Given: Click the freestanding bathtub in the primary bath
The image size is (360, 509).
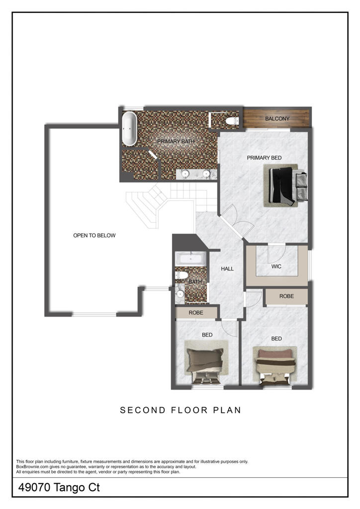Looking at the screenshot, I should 130,129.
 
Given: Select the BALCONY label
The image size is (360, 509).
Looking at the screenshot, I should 277,119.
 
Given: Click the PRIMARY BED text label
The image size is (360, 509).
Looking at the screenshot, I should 264,158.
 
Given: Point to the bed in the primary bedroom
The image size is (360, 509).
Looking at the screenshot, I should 285,186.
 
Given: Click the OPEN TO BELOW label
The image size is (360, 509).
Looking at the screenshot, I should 94,235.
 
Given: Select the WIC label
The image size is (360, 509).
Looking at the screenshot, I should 276,266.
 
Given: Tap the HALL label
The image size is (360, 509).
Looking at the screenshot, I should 227,269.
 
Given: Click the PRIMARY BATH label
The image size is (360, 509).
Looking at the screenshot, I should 176,142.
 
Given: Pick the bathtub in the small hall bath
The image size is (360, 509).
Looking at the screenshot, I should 189,258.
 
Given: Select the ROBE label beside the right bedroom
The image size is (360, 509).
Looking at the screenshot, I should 286,296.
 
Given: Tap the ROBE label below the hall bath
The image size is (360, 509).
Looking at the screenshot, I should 196,313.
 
